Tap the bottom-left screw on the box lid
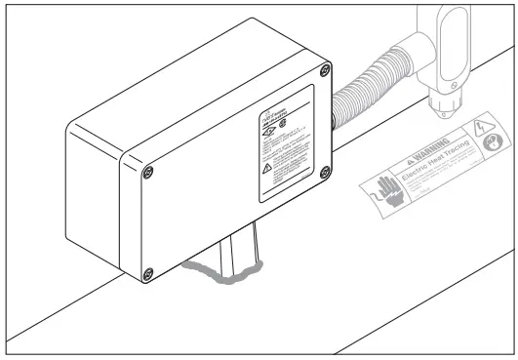(x=147, y=270)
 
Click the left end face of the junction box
(x=98, y=195)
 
